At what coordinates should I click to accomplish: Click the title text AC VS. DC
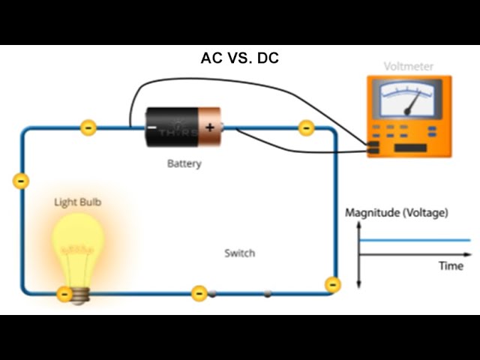pyautogui.click(x=240, y=58)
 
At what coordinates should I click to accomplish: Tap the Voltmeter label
pyautogui.click(x=409, y=66)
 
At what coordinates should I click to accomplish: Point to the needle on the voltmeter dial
pyautogui.click(x=412, y=103)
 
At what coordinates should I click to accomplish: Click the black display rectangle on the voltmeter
pyautogui.click(x=410, y=147)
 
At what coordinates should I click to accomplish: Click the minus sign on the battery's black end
pyautogui.click(x=152, y=128)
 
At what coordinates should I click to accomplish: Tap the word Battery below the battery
pyautogui.click(x=184, y=163)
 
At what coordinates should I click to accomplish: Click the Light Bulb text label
pyautogui.click(x=77, y=202)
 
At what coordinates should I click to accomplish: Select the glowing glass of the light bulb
pyautogui.click(x=77, y=244)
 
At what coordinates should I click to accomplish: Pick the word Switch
pyautogui.click(x=239, y=253)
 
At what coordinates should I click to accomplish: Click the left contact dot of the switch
pyautogui.click(x=212, y=293)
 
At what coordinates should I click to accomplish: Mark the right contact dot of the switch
pyautogui.click(x=267, y=293)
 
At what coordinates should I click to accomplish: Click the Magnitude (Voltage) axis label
pyautogui.click(x=396, y=212)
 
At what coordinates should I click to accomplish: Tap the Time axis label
pyautogui.click(x=451, y=265)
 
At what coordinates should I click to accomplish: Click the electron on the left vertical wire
pyautogui.click(x=21, y=181)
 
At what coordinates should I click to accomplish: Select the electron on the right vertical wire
pyautogui.click(x=332, y=284)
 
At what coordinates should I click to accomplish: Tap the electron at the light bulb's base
pyautogui.click(x=65, y=293)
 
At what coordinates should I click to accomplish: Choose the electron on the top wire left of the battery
pyautogui.click(x=88, y=127)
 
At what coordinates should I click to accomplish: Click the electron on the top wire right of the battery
pyautogui.click(x=306, y=128)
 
